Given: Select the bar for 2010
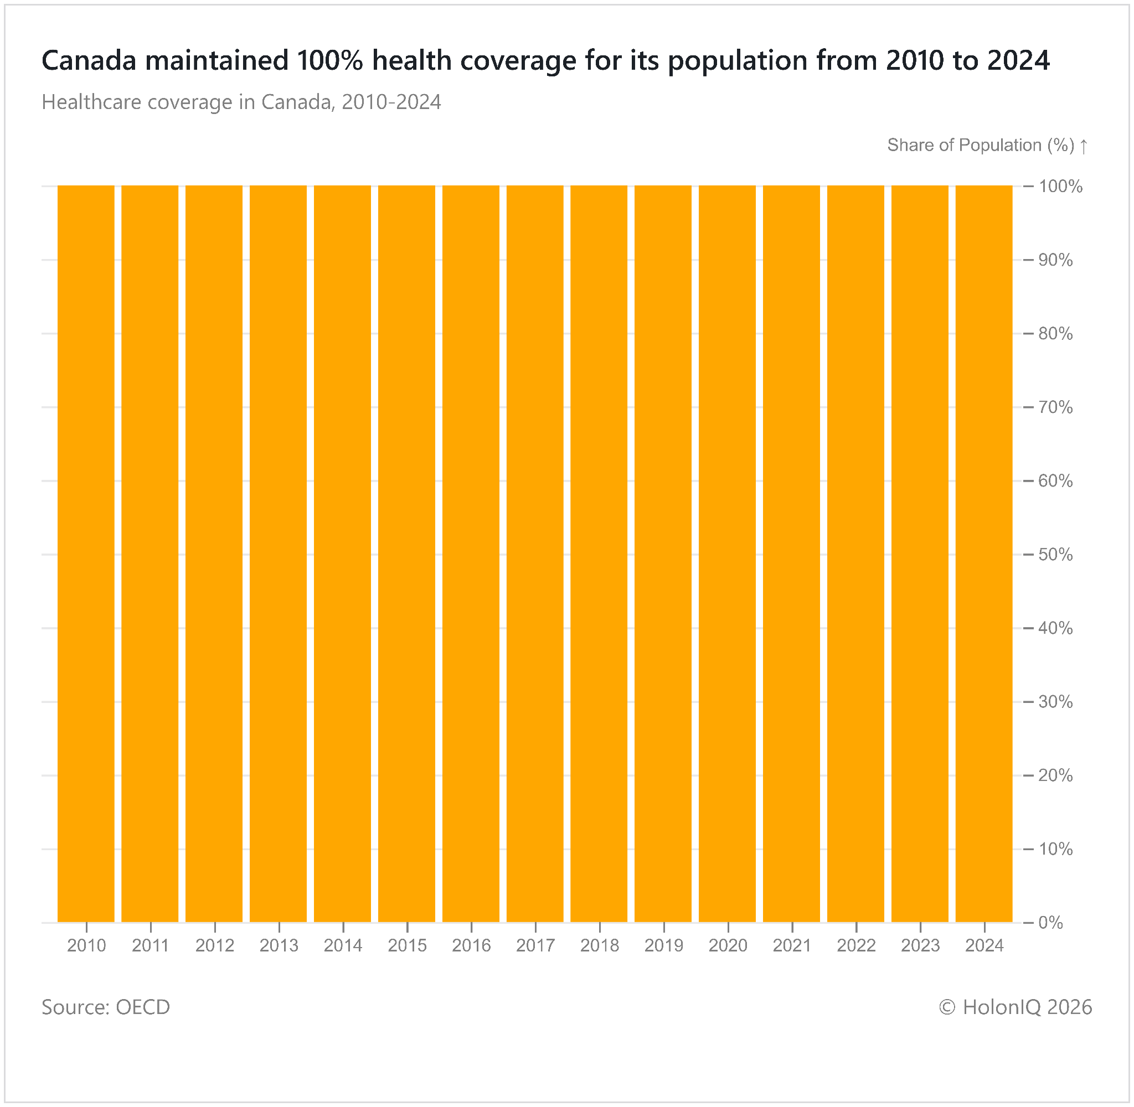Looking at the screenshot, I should pyautogui.click(x=86, y=553).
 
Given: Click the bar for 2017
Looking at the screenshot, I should pyautogui.click(x=535, y=553).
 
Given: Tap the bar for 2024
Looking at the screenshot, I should pyautogui.click(x=984, y=553).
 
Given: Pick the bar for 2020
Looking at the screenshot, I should pyautogui.click(x=728, y=553).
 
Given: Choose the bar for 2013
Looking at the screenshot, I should pyautogui.click(x=279, y=553).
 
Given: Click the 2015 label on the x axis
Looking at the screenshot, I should pyautogui.click(x=407, y=945).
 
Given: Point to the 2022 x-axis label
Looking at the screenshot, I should pyautogui.click(x=856, y=945).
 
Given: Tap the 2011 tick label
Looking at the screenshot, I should pyautogui.click(x=150, y=945).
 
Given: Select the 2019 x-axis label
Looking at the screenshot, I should pyautogui.click(x=663, y=945).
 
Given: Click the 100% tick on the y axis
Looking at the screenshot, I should pyautogui.click(x=1060, y=187).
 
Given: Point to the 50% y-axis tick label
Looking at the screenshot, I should pyautogui.click(x=1055, y=555).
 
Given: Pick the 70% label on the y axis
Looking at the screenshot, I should pyautogui.click(x=1055, y=407).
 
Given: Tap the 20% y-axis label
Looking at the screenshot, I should pyautogui.click(x=1055, y=775).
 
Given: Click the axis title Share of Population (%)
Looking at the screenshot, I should pyautogui.click(x=981, y=146).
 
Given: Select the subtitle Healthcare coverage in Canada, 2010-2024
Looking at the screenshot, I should pyautogui.click(x=241, y=102).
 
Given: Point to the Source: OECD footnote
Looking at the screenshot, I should pyautogui.click(x=106, y=1007).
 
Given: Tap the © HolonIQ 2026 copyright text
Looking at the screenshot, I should pyautogui.click(x=1016, y=1007).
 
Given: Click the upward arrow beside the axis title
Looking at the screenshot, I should pyautogui.click(x=1084, y=146).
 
